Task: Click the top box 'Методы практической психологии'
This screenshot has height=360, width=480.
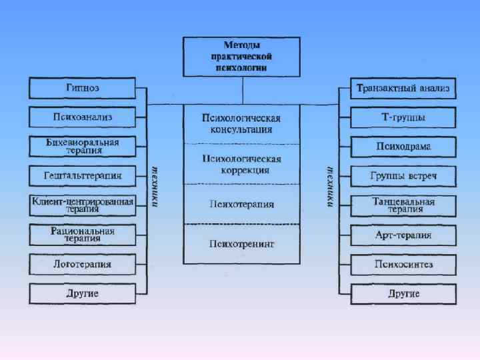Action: (x=242, y=57)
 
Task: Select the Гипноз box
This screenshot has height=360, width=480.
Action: (x=83, y=88)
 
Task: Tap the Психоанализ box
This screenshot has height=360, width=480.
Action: (x=83, y=117)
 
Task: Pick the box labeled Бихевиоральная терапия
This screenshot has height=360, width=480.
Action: (x=83, y=147)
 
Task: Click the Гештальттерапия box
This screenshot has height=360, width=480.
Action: (x=83, y=176)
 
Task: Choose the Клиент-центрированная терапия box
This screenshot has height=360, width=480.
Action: (x=83, y=205)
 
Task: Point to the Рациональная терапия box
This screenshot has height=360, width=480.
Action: (x=83, y=235)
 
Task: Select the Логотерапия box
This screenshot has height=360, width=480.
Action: (x=83, y=264)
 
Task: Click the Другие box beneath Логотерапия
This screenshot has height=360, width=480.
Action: (x=83, y=293)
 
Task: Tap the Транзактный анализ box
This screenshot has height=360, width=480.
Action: (x=403, y=88)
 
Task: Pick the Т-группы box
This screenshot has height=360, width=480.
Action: (x=403, y=117)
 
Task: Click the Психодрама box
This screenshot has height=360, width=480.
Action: (x=403, y=147)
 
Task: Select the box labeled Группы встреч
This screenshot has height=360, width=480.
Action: (x=403, y=176)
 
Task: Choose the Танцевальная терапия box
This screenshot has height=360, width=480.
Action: (x=403, y=205)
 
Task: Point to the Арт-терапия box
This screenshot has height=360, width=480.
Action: (x=403, y=235)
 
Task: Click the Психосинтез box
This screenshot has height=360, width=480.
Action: (x=403, y=264)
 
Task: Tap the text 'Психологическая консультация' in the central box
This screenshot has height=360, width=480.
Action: (x=241, y=123)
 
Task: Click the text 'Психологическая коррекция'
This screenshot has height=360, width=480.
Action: (x=241, y=164)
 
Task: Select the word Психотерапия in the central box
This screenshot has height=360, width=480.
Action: (x=241, y=203)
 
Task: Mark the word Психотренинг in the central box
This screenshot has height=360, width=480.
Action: (x=241, y=243)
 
